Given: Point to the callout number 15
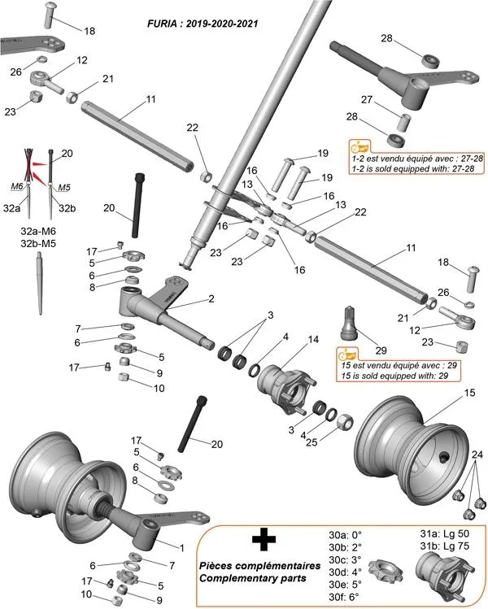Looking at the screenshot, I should coord(468,393).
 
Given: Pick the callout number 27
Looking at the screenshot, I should coord(366,99).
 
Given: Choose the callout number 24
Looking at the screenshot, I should coord(477,454).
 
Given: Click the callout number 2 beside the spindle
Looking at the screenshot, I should coord(211,299).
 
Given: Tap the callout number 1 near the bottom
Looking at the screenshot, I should coord(181,548).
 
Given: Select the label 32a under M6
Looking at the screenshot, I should coord(11,209).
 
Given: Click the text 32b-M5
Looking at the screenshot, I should coord(38,243).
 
